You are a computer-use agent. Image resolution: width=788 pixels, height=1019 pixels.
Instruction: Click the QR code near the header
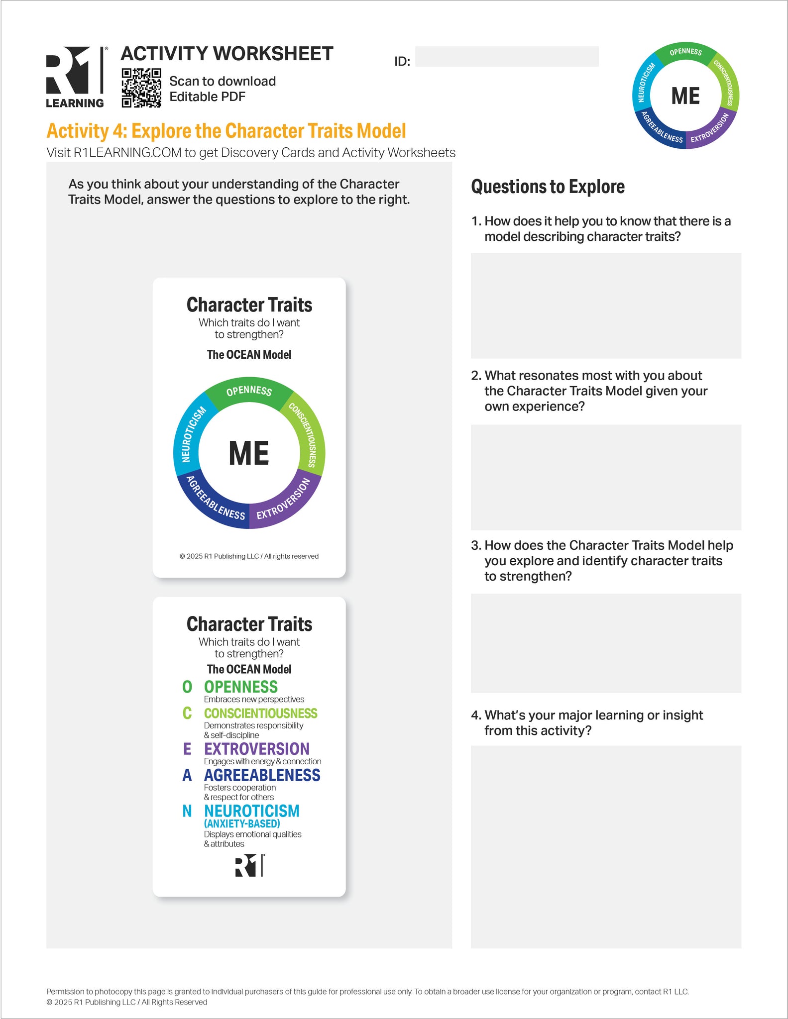(x=141, y=88)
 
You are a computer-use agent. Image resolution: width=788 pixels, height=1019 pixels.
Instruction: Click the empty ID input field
(x=506, y=57)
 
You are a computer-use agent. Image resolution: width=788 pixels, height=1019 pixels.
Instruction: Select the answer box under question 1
(x=606, y=306)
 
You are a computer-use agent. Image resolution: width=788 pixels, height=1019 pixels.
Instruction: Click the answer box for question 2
(x=606, y=477)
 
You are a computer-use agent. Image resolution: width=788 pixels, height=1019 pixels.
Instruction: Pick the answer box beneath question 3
(x=606, y=643)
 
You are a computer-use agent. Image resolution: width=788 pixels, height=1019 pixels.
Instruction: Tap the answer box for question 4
(x=606, y=846)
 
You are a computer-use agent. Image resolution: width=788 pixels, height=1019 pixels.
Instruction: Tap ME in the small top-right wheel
(x=685, y=96)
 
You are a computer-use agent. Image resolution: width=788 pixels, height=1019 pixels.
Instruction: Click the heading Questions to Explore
(x=548, y=187)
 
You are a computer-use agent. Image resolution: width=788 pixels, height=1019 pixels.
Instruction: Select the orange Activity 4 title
(x=226, y=131)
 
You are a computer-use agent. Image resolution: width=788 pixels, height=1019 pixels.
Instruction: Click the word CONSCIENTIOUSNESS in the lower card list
(x=260, y=713)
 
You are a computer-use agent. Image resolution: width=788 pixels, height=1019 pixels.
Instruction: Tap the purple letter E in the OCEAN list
(x=187, y=749)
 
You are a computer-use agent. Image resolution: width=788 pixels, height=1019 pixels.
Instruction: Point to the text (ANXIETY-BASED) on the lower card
(x=242, y=823)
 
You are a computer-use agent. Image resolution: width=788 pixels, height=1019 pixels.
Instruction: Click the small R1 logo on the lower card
(x=249, y=865)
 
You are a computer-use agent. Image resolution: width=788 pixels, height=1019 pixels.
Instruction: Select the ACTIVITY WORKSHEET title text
(x=227, y=54)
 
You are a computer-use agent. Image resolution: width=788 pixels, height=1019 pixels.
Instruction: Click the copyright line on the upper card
(x=249, y=556)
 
